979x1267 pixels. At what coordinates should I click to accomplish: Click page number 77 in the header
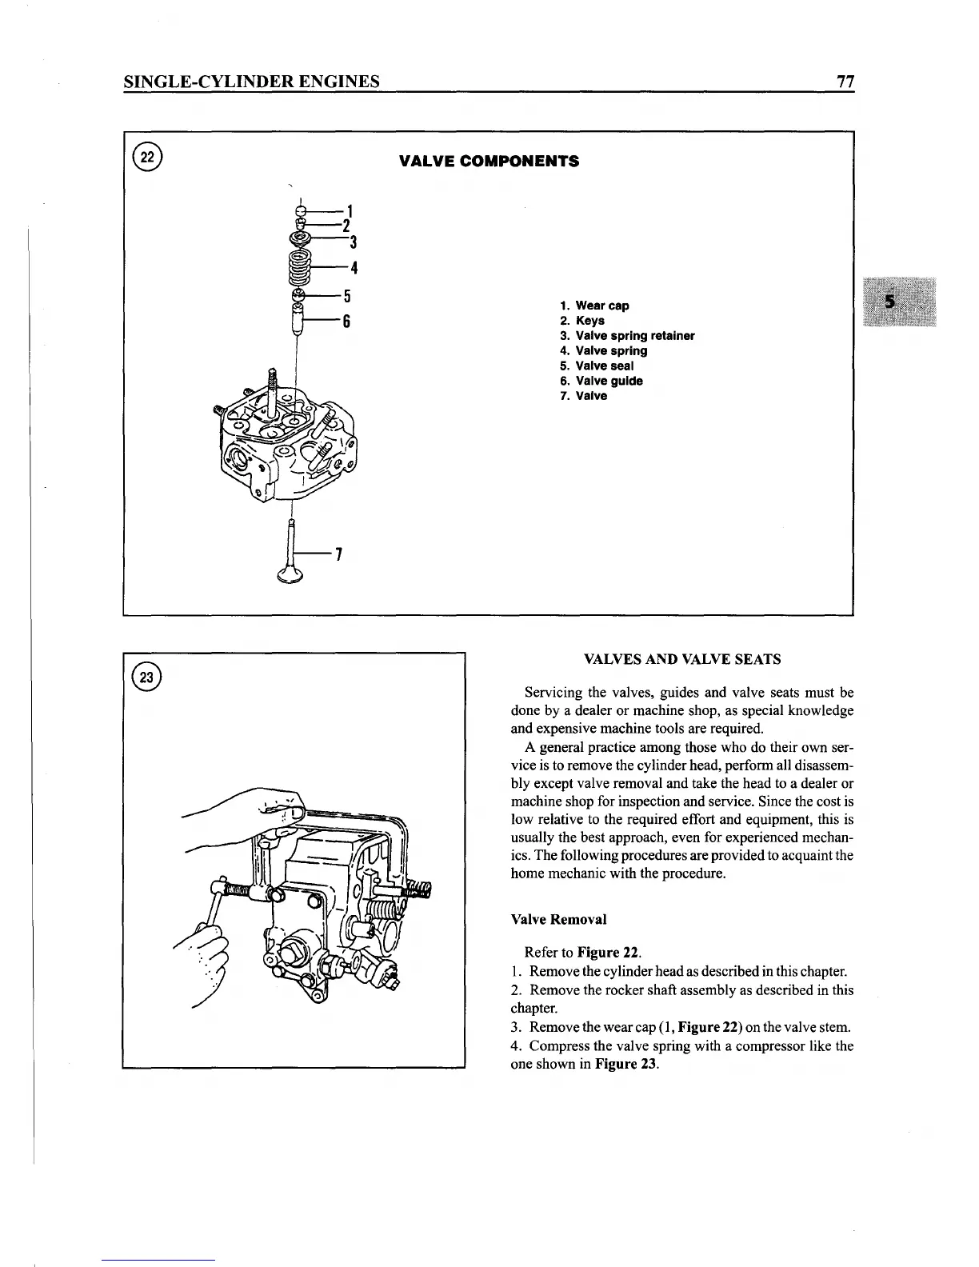(845, 82)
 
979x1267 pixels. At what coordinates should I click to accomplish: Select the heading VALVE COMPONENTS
(489, 161)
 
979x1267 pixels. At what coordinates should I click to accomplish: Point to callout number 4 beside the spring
(353, 267)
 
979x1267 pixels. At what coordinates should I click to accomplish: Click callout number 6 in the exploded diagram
(348, 322)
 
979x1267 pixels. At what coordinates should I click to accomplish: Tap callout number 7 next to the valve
(339, 554)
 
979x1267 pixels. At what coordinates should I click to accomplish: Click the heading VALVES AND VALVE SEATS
(682, 660)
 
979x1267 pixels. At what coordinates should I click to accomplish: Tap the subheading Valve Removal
(558, 920)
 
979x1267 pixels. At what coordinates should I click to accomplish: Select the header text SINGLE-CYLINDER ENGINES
(251, 82)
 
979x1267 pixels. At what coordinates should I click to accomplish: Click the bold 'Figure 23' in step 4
(626, 1065)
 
